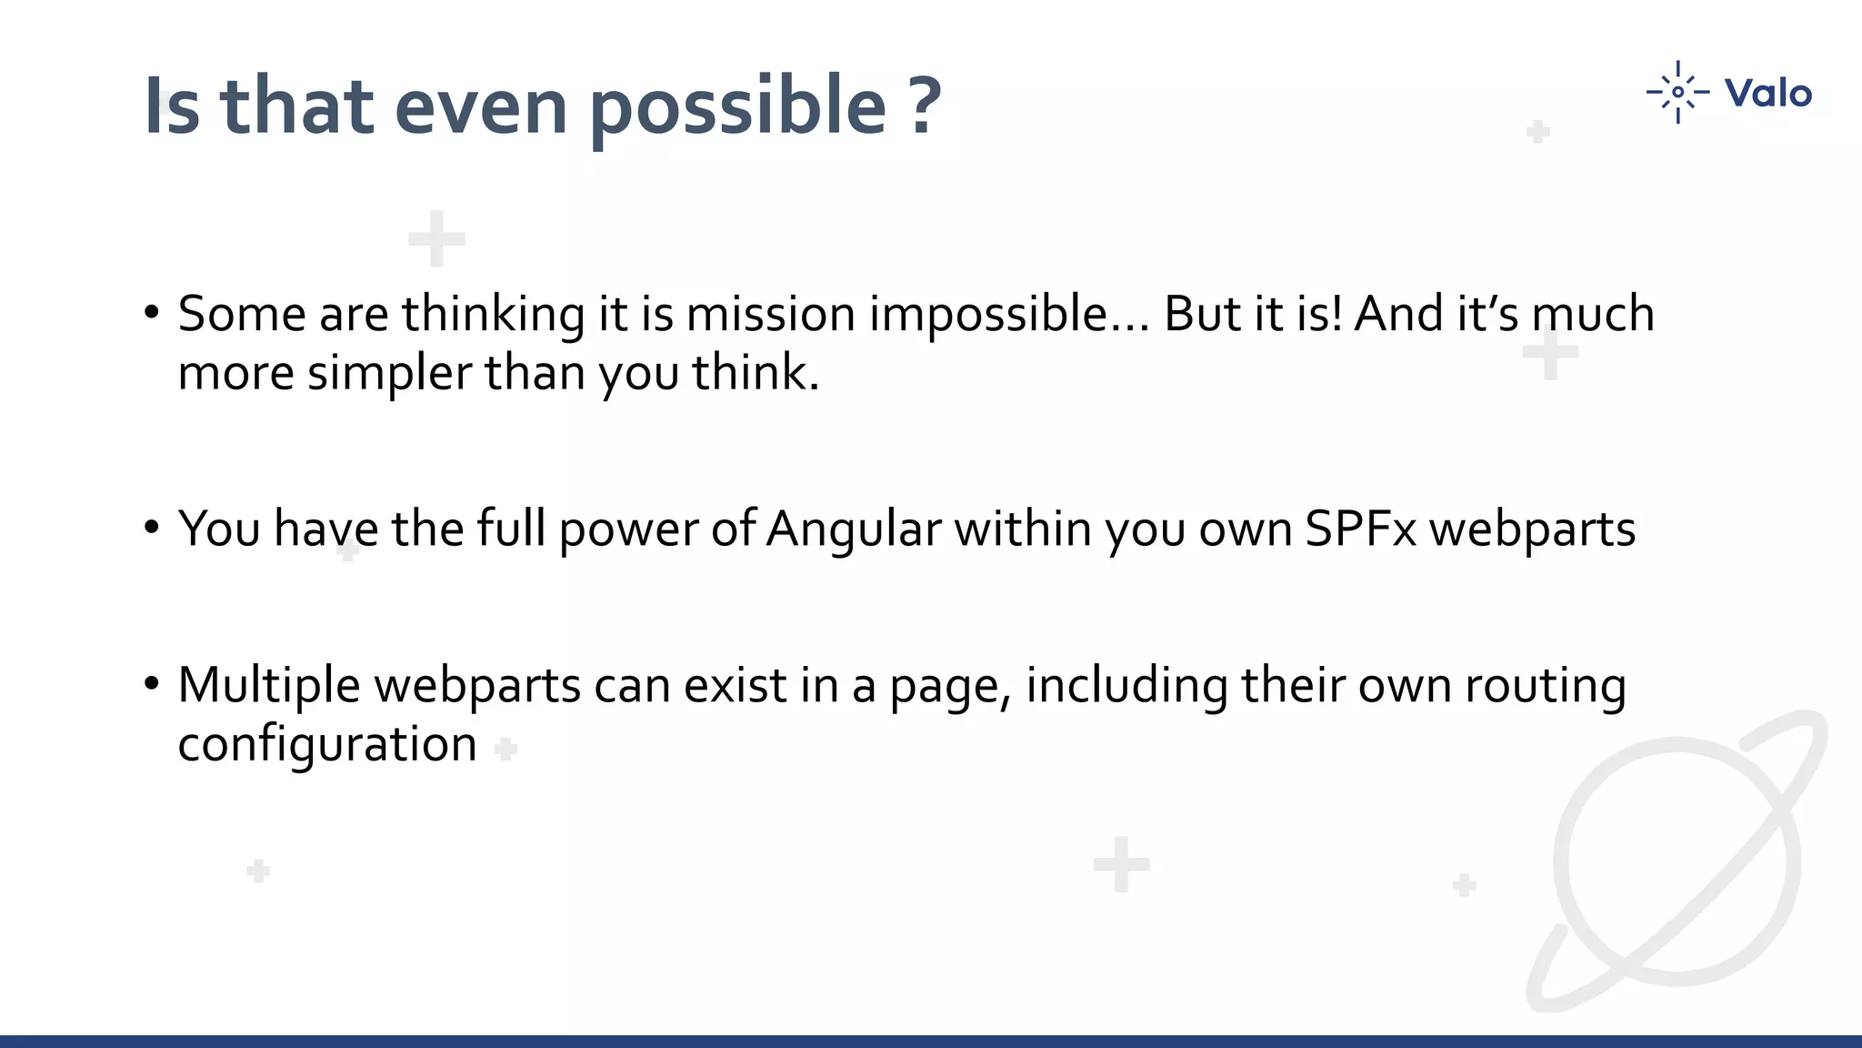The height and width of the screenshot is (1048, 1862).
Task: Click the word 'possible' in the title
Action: pyautogui.click(x=737, y=107)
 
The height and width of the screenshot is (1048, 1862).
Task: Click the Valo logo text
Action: pyautogui.click(x=1767, y=93)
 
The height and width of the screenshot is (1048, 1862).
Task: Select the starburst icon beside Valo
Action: pyautogui.click(x=1677, y=92)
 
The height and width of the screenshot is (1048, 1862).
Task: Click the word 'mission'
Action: pyautogui.click(x=770, y=315)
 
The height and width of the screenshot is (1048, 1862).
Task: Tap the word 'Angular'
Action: pyautogui.click(x=853, y=529)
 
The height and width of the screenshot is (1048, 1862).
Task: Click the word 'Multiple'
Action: pyautogui.click(x=269, y=686)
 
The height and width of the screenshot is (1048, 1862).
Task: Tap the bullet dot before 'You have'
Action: pyautogui.click(x=152, y=527)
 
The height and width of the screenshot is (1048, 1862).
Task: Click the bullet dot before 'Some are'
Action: pyautogui.click(x=152, y=312)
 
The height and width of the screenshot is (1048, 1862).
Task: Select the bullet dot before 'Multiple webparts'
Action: pyautogui.click(x=152, y=683)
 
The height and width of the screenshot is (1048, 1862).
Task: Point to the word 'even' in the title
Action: pyautogui.click(x=481, y=107)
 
